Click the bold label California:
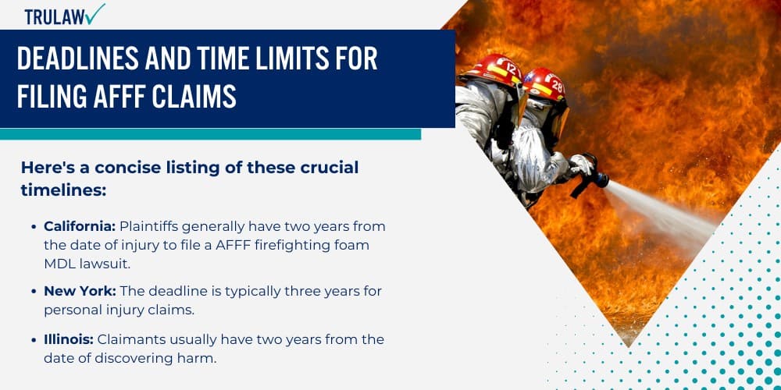(x=80, y=226)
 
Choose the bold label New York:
(x=78, y=291)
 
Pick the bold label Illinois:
(x=69, y=339)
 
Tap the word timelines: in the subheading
(x=63, y=190)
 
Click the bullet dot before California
(x=34, y=227)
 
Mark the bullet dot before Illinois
(x=34, y=340)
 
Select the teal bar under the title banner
(x=210, y=134)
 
